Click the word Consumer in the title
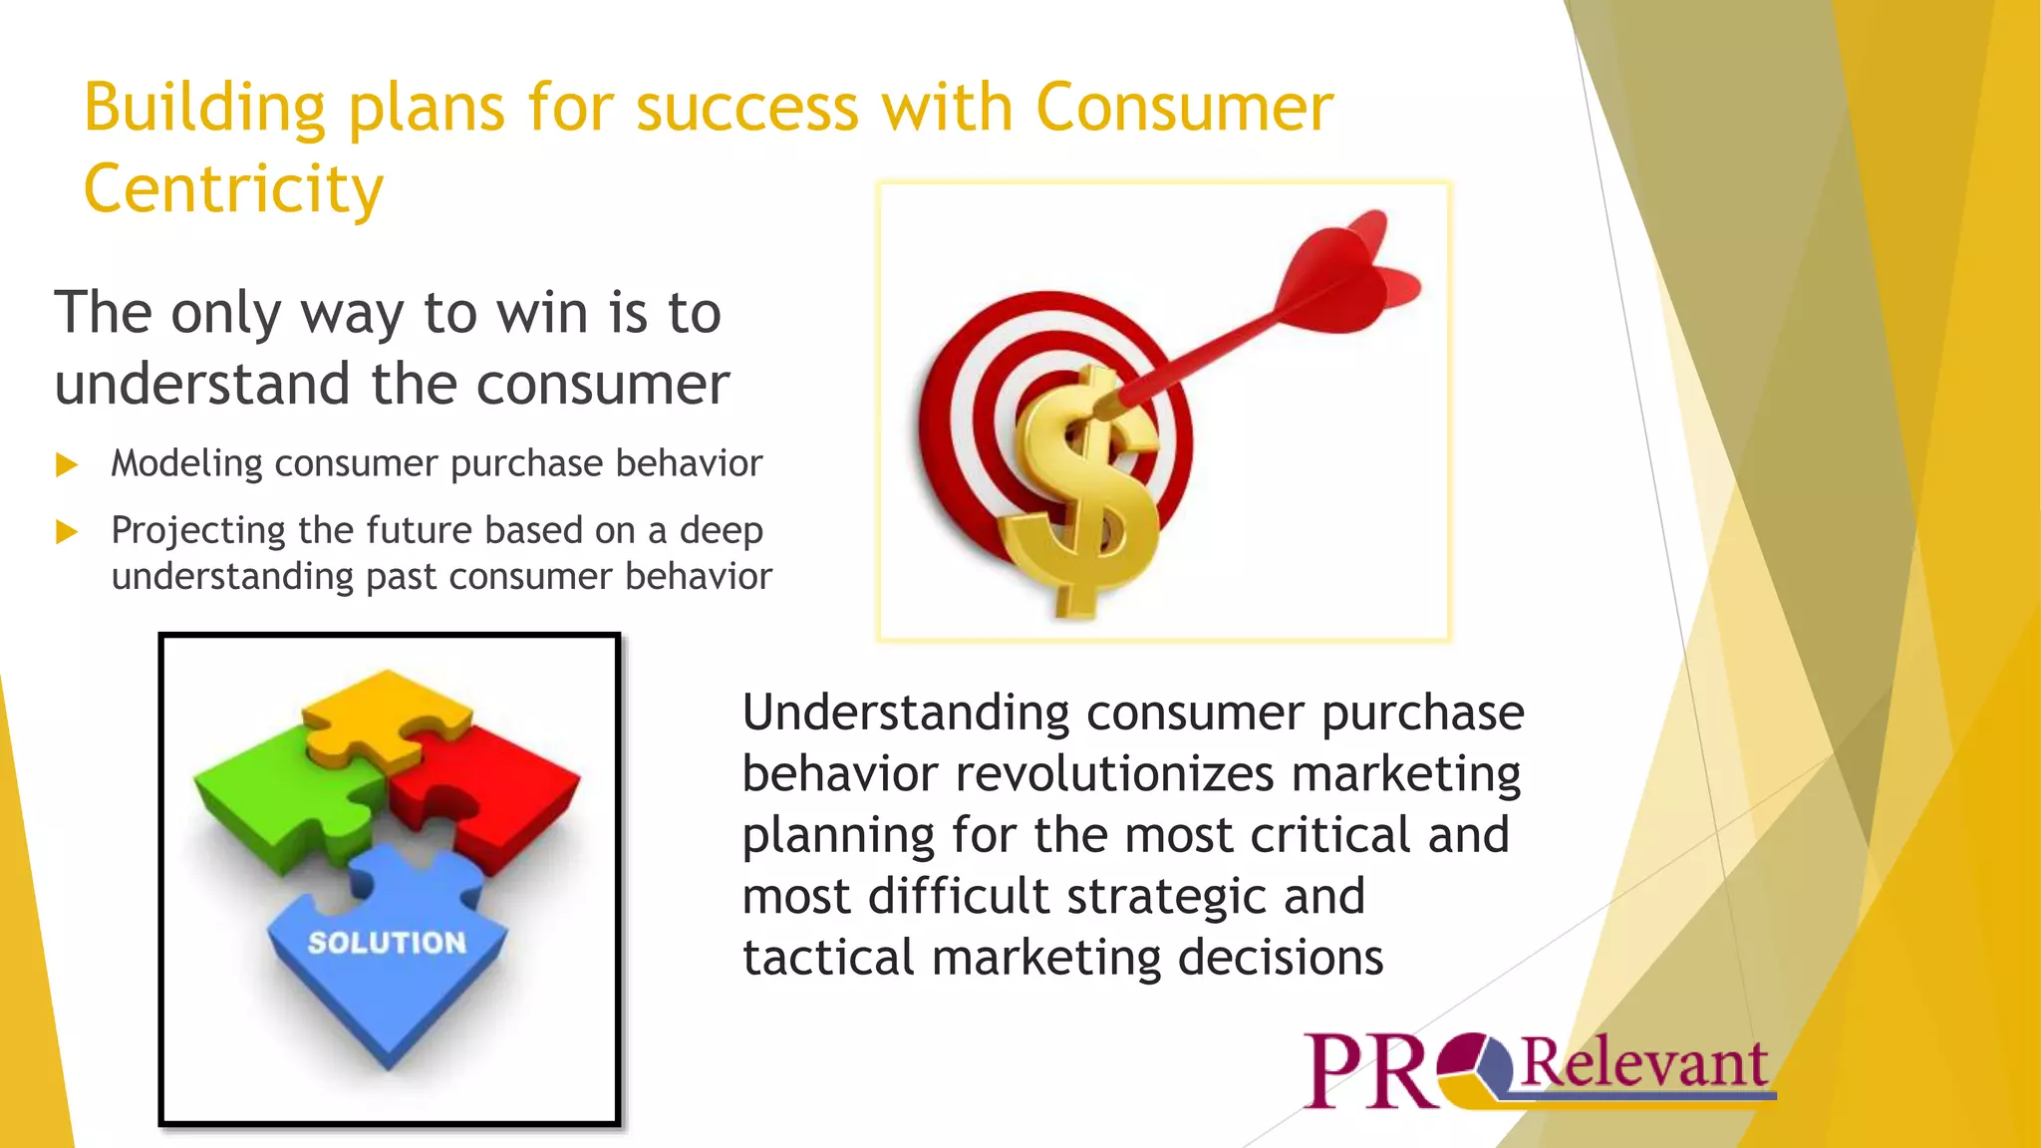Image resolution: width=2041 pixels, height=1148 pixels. (x=1184, y=107)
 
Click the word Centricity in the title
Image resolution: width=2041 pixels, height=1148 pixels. (x=233, y=189)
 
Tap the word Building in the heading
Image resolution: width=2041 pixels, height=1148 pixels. (x=204, y=107)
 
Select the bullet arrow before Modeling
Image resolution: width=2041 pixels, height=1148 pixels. (x=67, y=464)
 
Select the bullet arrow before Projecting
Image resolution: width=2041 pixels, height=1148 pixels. (x=67, y=531)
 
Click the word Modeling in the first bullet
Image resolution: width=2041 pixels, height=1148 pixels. (x=186, y=463)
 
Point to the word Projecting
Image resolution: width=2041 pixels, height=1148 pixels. (x=198, y=531)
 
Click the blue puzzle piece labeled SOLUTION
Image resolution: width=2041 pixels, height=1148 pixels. (x=387, y=957)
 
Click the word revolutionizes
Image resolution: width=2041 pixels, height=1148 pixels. (x=1114, y=774)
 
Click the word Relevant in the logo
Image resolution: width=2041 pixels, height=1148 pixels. (x=1644, y=1063)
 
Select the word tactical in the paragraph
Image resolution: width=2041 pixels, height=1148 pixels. (x=828, y=958)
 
